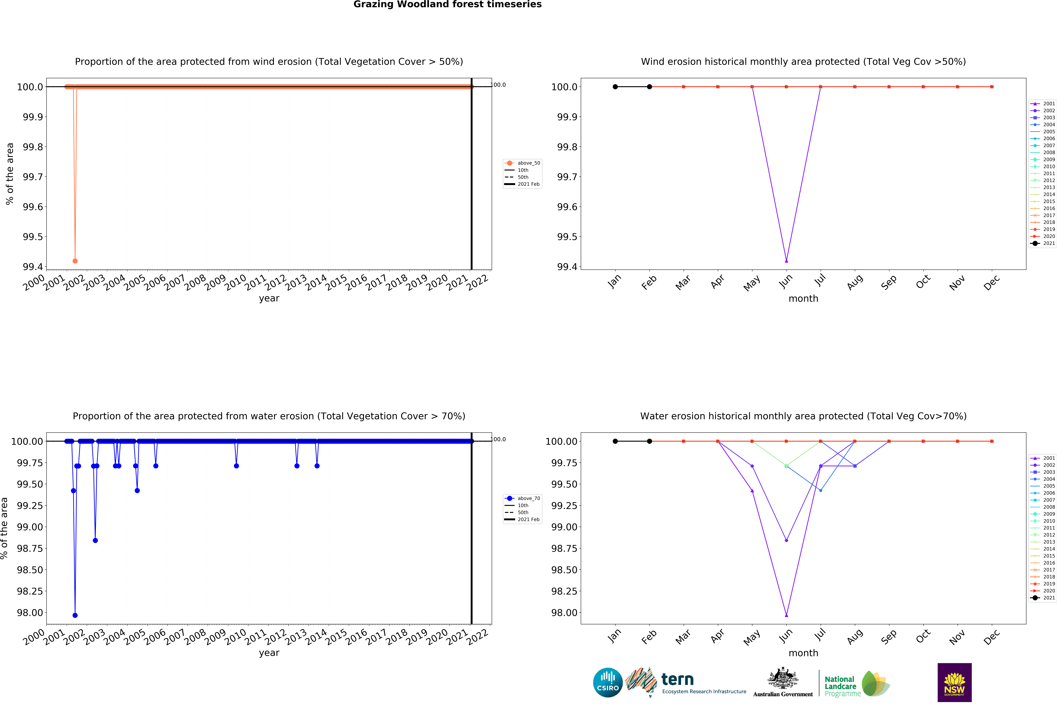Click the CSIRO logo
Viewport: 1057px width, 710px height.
coord(608,682)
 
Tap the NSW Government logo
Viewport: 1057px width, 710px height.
coord(954,682)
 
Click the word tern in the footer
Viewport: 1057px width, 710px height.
coord(677,680)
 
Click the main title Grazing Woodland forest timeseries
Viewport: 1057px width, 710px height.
coord(447,5)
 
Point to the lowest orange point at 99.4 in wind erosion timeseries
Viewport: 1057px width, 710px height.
coord(75,261)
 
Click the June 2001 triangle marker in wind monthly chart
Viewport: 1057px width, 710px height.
coord(786,261)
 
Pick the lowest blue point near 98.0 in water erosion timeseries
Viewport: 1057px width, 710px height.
coord(75,615)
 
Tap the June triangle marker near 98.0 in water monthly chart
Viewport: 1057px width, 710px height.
coord(786,615)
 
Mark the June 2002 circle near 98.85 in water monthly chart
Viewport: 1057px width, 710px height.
coord(786,540)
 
